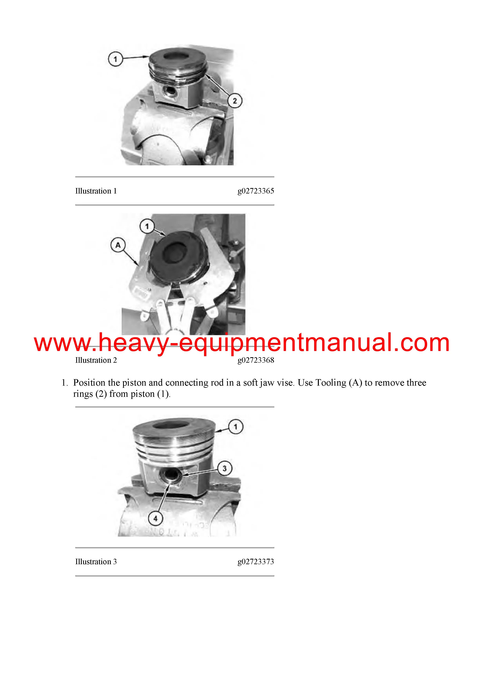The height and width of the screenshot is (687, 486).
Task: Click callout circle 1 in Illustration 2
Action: [147, 227]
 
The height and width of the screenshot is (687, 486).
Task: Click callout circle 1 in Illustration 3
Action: [236, 427]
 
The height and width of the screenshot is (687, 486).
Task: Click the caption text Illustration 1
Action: [96, 191]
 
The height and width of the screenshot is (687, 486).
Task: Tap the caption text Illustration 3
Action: [96, 562]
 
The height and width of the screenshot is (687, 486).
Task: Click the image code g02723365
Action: [256, 191]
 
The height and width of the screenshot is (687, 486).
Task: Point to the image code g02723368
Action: [256, 360]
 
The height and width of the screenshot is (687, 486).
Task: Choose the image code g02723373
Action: [256, 562]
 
